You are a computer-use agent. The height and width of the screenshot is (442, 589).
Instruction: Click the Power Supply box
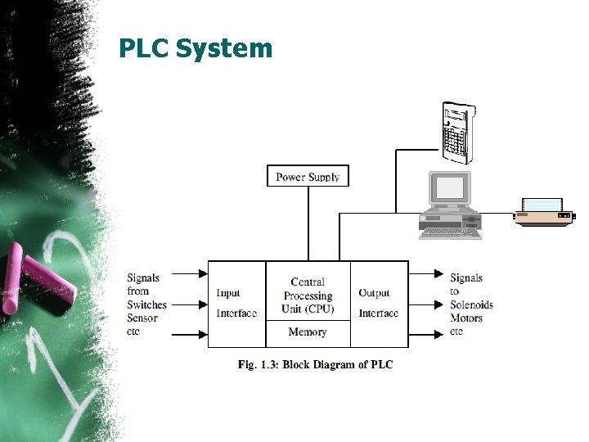(x=308, y=176)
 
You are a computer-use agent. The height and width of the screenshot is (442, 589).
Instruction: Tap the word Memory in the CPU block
(x=308, y=332)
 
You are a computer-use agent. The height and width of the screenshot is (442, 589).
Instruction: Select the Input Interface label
(x=236, y=303)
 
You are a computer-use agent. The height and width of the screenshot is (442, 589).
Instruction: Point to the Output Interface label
(x=378, y=303)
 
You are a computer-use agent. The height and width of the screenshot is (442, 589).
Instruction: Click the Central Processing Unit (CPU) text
(x=308, y=295)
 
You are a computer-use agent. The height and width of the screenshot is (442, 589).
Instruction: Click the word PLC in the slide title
(x=144, y=49)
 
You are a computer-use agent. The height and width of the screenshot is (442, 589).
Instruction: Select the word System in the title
(x=223, y=49)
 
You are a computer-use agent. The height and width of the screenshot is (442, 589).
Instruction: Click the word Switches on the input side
(x=146, y=304)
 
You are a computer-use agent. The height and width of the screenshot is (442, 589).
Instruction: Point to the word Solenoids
(x=471, y=304)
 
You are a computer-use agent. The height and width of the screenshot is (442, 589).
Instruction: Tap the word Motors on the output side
(x=466, y=318)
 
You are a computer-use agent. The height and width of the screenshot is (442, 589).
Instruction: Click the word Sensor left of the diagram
(x=142, y=318)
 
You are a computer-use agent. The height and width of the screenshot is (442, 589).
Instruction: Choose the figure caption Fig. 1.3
(x=315, y=363)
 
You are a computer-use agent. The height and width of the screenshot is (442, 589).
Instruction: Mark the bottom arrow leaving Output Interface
(x=426, y=334)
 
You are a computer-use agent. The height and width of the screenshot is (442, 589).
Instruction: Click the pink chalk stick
(x=41, y=282)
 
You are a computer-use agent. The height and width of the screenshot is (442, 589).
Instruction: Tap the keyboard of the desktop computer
(x=451, y=233)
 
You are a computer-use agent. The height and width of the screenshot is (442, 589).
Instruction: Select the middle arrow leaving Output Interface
(x=426, y=304)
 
